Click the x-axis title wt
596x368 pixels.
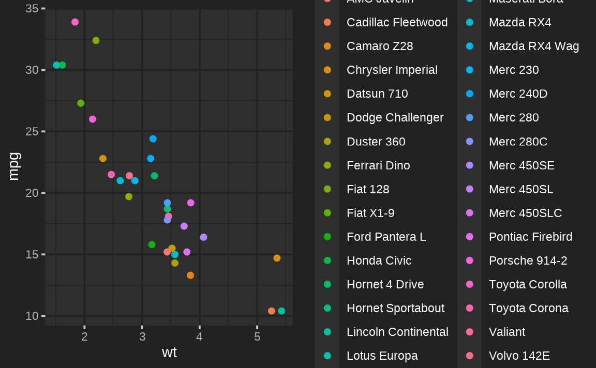tap(169, 352)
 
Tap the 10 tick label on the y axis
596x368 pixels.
tap(32, 316)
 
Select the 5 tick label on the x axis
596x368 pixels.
tap(257, 337)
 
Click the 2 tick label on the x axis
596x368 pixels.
tap(85, 337)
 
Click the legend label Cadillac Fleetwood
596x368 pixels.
tap(397, 22)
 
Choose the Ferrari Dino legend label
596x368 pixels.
tap(378, 165)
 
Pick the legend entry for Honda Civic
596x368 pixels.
tap(379, 260)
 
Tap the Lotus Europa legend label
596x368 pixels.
tap(382, 356)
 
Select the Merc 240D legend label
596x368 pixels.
tap(518, 94)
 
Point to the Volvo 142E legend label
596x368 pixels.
tap(519, 356)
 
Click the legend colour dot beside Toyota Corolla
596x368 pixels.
tap(469, 284)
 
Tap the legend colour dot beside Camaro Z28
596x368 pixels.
tap(327, 46)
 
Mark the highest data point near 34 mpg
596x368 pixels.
tap(75, 22)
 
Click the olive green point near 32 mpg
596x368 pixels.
tap(96, 40)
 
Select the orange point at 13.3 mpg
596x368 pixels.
tap(190, 275)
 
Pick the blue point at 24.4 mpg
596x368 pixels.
tap(153, 139)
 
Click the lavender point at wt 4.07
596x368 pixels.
tap(203, 237)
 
